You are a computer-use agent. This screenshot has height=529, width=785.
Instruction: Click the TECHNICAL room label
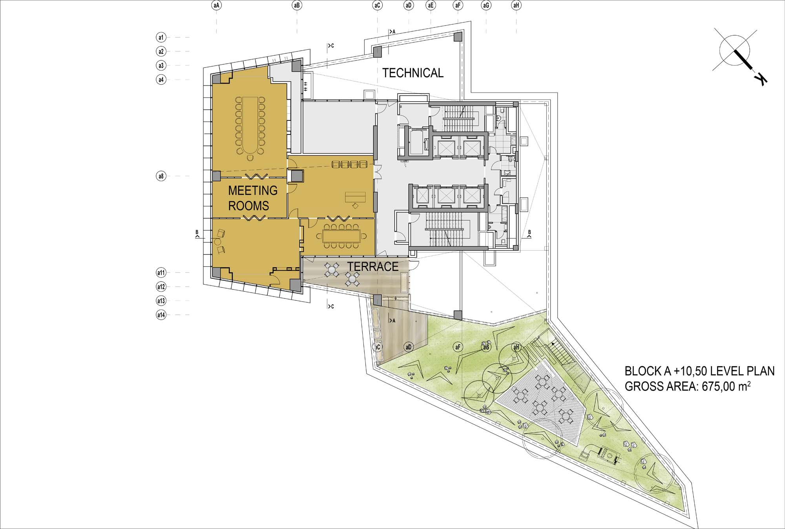pos(413,73)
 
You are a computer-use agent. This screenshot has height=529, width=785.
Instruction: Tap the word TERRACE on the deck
pos(373,267)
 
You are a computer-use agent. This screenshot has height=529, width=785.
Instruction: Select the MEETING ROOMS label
pos(252,198)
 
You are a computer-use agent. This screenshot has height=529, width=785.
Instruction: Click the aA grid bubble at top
pos(216,5)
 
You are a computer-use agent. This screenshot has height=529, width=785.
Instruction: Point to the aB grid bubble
pos(297,5)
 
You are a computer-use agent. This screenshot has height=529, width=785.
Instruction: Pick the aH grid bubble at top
pos(516,5)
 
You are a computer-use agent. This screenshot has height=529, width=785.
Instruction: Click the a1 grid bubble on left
pos(161,37)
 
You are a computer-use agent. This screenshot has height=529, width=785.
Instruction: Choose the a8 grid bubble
pos(161,176)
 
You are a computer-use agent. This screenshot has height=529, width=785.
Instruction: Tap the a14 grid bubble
pos(161,314)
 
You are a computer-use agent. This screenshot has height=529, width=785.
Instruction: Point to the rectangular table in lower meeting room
pos(341,236)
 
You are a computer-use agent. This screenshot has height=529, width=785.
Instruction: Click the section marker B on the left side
pos(197,234)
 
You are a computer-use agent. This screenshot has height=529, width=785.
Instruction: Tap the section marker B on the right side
pos(529,234)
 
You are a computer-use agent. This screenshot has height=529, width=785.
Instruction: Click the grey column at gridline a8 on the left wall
pos(216,176)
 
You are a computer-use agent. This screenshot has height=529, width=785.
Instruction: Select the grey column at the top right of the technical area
pos(458,37)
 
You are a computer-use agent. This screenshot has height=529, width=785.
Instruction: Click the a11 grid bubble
pos(161,273)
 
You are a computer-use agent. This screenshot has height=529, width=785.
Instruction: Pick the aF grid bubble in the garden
pos(457,347)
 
